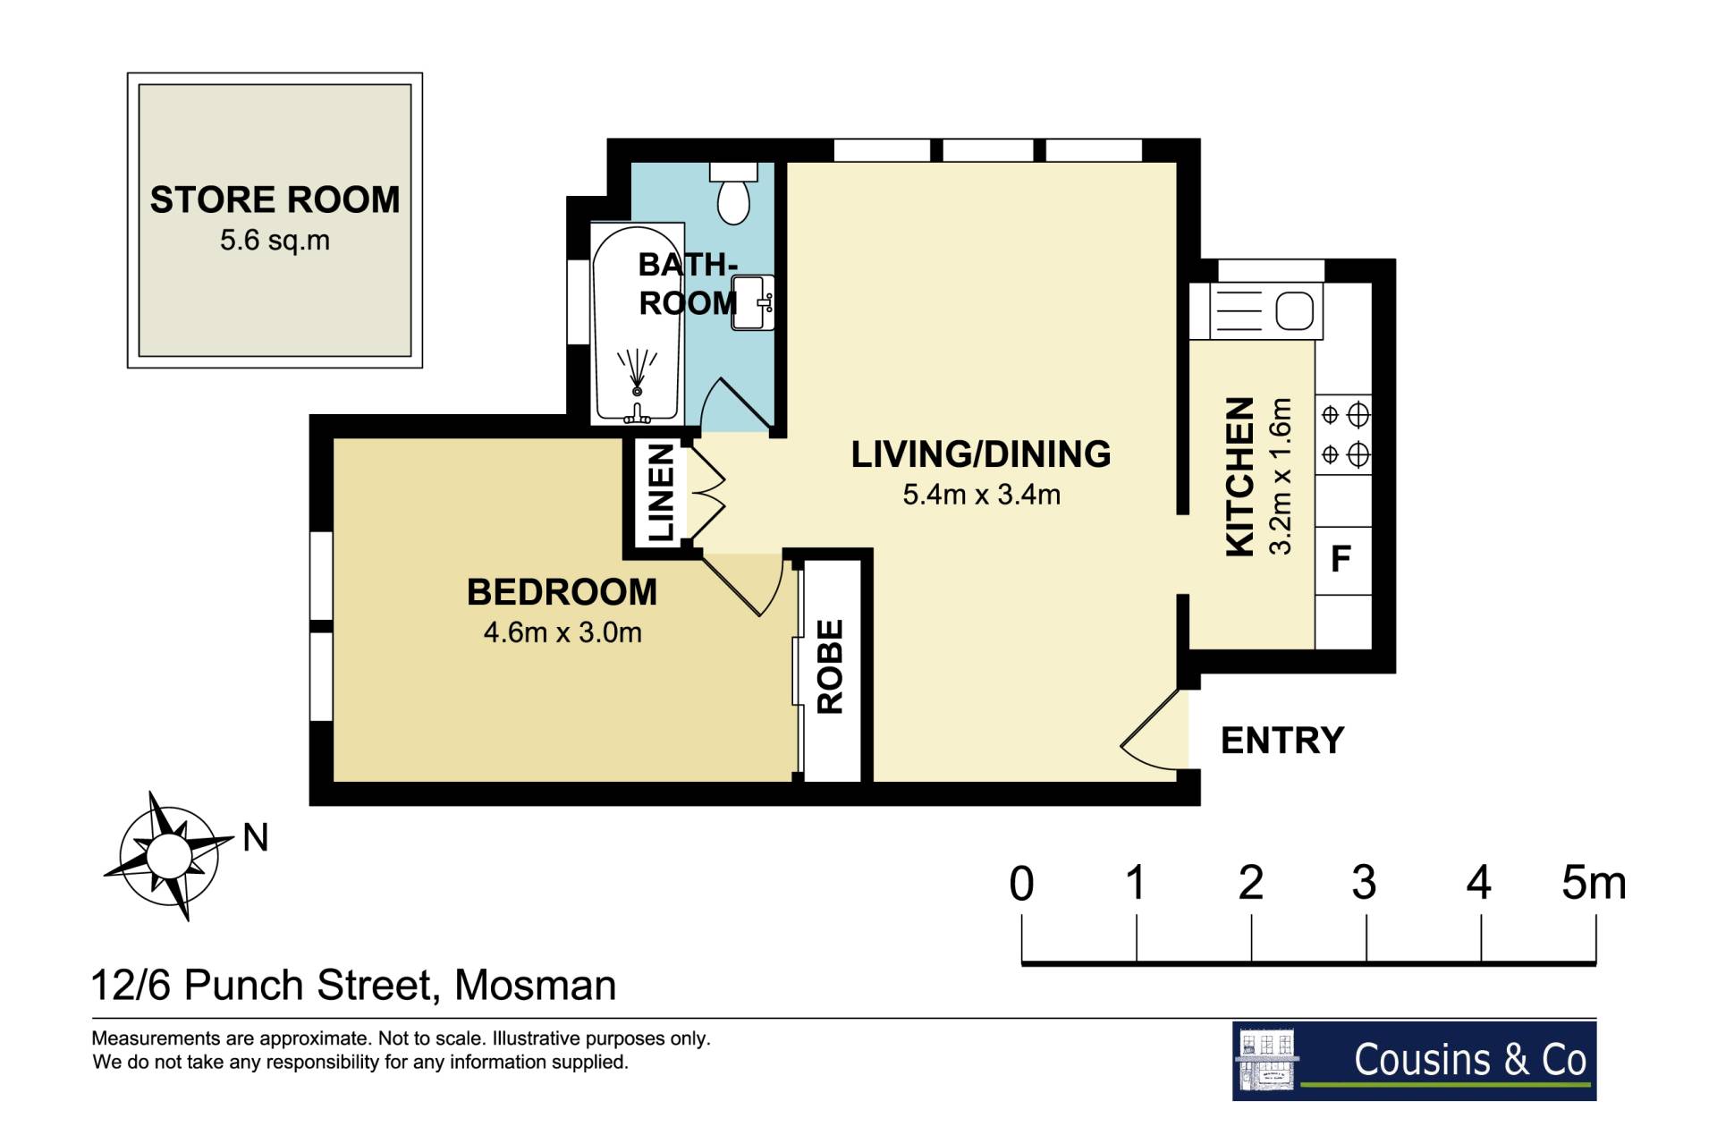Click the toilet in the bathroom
click(x=734, y=192)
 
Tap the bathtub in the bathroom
click(x=637, y=324)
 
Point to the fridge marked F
click(x=1342, y=560)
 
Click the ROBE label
click(x=831, y=666)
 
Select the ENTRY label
click(x=1282, y=741)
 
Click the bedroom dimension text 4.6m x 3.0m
click(x=562, y=633)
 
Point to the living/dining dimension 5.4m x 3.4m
click(x=981, y=495)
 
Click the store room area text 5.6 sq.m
click(x=275, y=241)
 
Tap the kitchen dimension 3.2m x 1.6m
click(x=1281, y=477)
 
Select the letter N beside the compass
click(x=256, y=838)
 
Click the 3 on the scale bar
click(x=1365, y=883)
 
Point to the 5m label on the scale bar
click(x=1594, y=883)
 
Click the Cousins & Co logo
click(x=1414, y=1061)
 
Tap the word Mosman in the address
click(x=535, y=986)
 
